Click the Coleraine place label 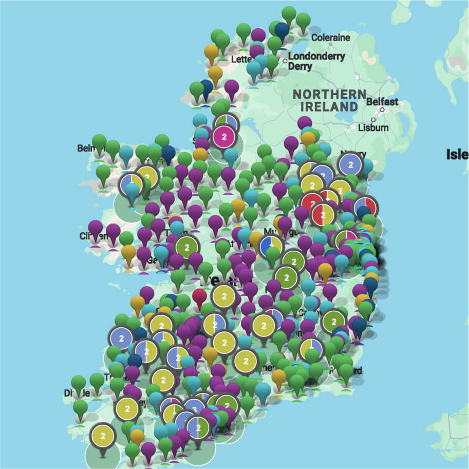pos(331,37)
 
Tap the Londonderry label pos(316,57)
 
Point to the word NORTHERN pos(329,95)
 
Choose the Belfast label pos(382,102)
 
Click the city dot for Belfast pos(382,110)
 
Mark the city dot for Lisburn pos(373,120)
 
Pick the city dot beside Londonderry pos(285,61)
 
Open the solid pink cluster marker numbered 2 pos(223,137)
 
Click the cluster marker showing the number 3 pos(194,408)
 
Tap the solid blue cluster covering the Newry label pos(351,165)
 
